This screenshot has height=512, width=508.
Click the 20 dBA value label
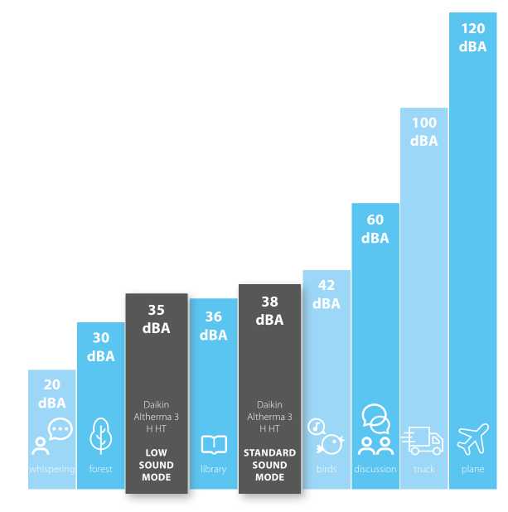[x=51, y=394]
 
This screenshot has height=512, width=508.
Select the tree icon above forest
[x=100, y=435]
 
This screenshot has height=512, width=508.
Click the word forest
[x=100, y=469]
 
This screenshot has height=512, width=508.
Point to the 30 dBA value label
[x=100, y=347]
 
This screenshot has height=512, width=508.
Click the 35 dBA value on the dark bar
[x=156, y=319]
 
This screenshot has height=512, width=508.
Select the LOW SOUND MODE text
[x=156, y=465]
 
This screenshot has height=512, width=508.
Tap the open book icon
[x=214, y=445]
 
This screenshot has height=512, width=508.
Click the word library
[x=213, y=469]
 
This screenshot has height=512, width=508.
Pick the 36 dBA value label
[x=213, y=326]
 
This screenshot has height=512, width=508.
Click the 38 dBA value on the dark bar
[x=269, y=311]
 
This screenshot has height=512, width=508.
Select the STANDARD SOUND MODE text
[x=269, y=465]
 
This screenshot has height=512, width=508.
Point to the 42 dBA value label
[x=327, y=294]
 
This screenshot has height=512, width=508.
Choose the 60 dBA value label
[x=375, y=229]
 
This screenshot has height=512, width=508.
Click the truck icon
[x=423, y=440]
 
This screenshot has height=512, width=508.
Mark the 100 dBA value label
[x=423, y=132]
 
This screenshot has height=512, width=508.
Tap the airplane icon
[x=472, y=438]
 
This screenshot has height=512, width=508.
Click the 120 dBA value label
[x=472, y=37]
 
